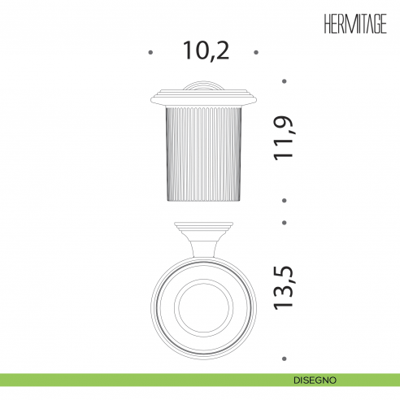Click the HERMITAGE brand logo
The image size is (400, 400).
(355, 24)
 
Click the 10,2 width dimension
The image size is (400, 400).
(206, 50)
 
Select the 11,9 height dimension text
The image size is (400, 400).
(283, 138)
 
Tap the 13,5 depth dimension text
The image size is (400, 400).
(284, 288)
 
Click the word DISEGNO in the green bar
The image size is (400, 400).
(315, 380)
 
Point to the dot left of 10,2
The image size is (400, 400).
(150, 52)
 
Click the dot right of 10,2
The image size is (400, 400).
(256, 52)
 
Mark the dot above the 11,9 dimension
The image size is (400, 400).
(285, 81)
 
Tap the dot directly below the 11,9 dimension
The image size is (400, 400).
(285, 201)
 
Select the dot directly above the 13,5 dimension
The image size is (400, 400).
(285, 223)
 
